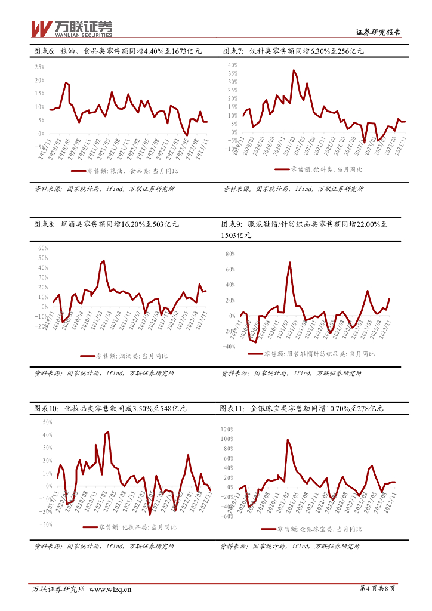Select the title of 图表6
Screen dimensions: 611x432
pyautogui.click(x=118, y=51)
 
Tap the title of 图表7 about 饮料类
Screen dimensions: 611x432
pyautogui.click(x=293, y=51)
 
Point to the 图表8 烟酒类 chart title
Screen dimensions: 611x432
pyautogui.click(x=106, y=224)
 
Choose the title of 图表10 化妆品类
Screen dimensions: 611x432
pyautogui.click(x=110, y=409)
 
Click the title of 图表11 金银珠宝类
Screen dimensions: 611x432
pyautogui.click(x=301, y=409)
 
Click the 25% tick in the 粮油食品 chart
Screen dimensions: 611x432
pyautogui.click(x=39, y=67)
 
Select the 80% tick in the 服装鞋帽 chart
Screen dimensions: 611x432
pyautogui.click(x=232, y=254)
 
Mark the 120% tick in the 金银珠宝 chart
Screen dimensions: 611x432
pyautogui.click(x=227, y=430)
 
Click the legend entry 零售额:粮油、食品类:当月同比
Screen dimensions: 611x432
pyautogui.click(x=125, y=171)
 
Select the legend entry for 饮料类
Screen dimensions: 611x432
pyautogui.click(x=319, y=170)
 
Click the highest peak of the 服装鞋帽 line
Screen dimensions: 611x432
pyautogui.click(x=290, y=262)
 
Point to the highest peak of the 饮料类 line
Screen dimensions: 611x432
pyautogui.click(x=294, y=70)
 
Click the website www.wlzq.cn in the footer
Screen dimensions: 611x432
pyautogui.click(x=110, y=589)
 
